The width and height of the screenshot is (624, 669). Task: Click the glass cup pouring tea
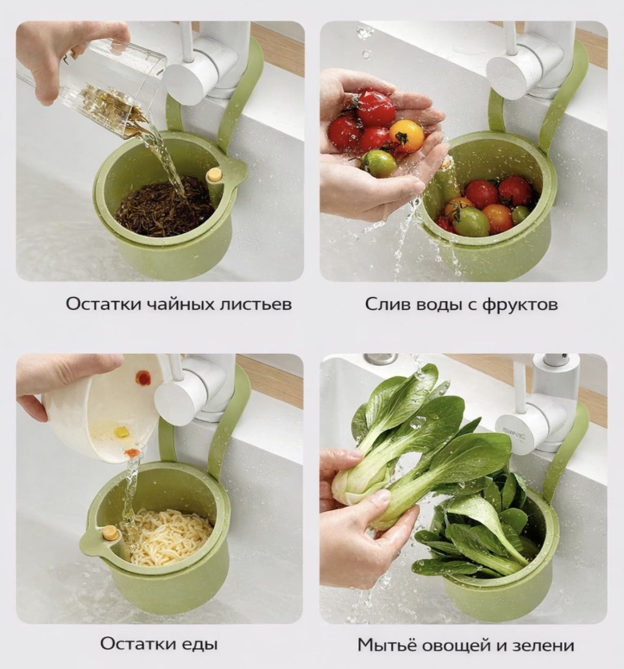(x=94, y=87)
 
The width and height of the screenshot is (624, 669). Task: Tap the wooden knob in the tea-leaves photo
(x=214, y=175)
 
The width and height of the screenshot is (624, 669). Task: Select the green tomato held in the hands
(x=378, y=164)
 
